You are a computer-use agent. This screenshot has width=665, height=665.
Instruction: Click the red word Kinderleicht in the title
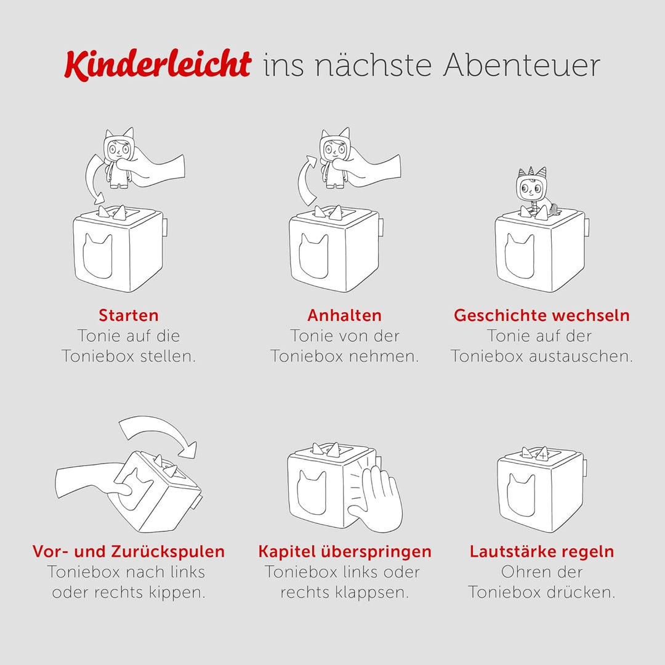coord(157,65)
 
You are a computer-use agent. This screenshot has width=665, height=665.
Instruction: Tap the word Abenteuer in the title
coord(521,65)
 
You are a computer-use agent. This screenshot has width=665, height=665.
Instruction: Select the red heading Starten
coord(129,315)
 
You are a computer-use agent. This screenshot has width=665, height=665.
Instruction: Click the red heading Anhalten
coord(344,315)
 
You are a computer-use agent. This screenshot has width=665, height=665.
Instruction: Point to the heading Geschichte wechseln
coord(542,315)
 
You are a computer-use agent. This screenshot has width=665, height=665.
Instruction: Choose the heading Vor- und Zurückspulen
coord(129,551)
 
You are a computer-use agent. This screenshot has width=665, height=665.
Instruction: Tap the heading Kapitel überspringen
coord(345,551)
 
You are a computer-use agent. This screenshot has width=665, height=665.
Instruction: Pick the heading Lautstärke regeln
coord(542,551)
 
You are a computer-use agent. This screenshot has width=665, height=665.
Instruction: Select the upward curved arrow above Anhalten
coord(306,182)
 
